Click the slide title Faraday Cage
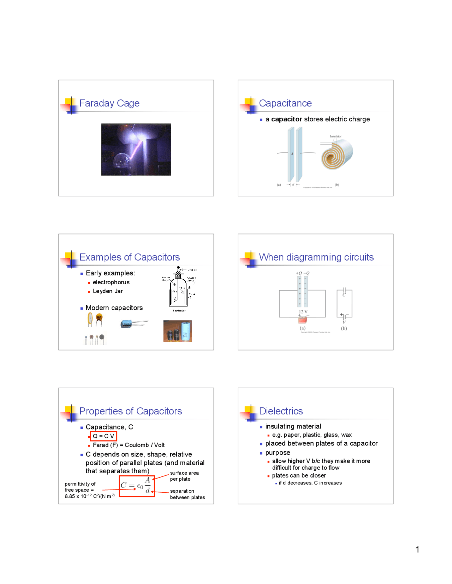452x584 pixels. [109, 103]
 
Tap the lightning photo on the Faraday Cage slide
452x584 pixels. [136, 150]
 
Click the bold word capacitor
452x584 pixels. [286, 119]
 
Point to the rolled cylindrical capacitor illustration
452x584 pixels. [337, 154]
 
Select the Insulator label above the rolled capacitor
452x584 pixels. [335, 136]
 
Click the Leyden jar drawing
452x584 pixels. [179, 289]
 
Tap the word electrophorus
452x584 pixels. [111, 282]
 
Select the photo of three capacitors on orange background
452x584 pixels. [178, 331]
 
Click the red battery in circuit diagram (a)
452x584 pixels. [303, 320]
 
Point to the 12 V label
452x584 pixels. [303, 312]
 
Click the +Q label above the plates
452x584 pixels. [299, 273]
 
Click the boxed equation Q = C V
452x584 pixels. [103, 436]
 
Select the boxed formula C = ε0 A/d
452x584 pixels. [137, 486]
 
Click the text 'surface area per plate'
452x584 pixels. [184, 476]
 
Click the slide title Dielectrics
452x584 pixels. [281, 411]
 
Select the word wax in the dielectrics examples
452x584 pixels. [346, 435]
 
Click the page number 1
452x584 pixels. [417, 549]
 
